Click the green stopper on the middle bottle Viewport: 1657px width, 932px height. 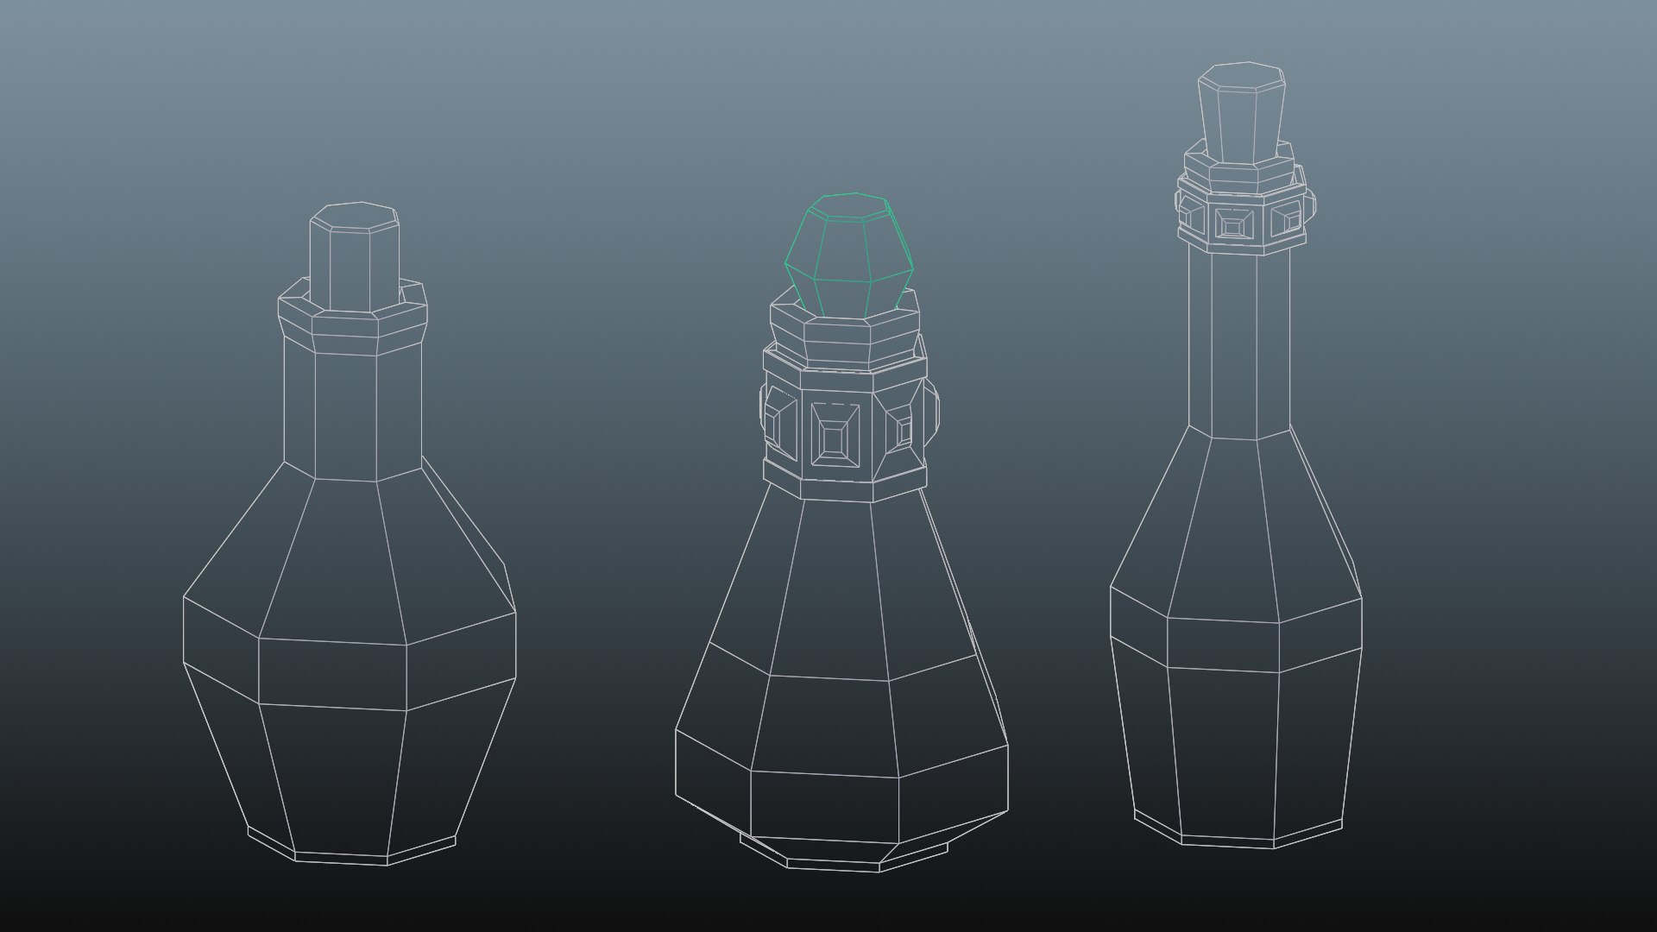[x=847, y=259]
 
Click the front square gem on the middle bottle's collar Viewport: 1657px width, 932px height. [x=834, y=439]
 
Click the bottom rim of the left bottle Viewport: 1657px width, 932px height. [x=341, y=857]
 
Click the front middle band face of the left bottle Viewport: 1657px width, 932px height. [x=333, y=673]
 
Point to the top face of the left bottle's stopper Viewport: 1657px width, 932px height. [x=355, y=216]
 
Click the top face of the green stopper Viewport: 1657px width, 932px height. [x=848, y=205]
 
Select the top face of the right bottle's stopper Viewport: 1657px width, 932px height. [x=1242, y=73]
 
